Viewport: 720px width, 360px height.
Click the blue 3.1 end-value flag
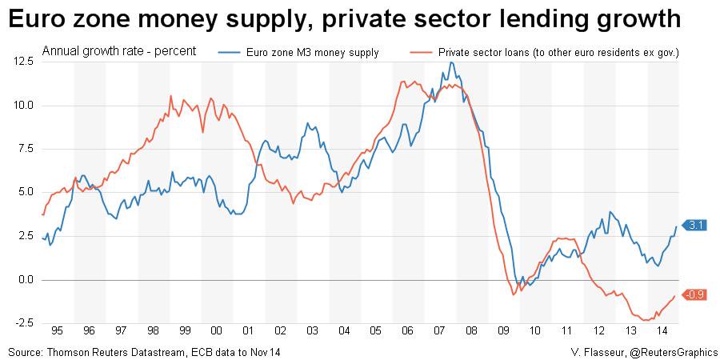point(694,226)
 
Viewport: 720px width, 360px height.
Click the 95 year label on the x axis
point(57,330)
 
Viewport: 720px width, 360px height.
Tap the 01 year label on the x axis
point(248,330)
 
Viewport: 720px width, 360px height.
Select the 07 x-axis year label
point(438,330)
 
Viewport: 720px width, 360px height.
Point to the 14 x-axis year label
point(662,330)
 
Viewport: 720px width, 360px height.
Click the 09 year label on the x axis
point(502,330)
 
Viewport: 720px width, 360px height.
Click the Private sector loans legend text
point(559,53)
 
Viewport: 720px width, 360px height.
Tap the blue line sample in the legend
point(230,53)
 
